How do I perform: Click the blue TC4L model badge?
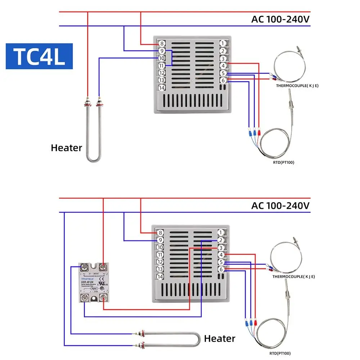point(39,57)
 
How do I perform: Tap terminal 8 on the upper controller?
point(161,44)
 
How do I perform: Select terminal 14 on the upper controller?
point(161,88)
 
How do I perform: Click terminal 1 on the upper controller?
point(223,44)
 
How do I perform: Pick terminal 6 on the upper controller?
point(223,80)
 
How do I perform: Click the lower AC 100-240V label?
point(280,206)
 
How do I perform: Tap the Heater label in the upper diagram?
point(66,148)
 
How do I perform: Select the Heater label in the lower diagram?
point(220,338)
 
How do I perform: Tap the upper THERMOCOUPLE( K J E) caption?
point(297,86)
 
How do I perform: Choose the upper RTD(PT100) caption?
point(284,162)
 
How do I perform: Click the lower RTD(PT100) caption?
point(279,354)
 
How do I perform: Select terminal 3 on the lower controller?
point(221,248)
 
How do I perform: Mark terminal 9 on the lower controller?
point(161,240)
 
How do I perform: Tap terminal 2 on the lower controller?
point(221,240)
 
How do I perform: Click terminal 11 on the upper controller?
point(161,66)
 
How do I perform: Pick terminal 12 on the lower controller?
point(161,262)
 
